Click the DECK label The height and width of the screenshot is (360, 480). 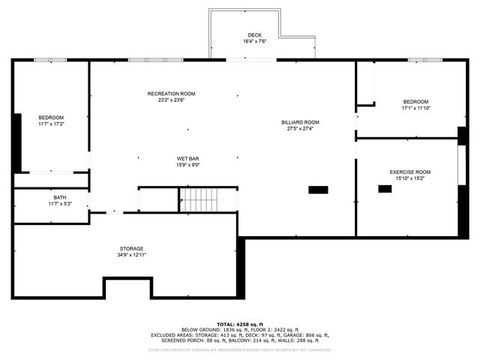255,34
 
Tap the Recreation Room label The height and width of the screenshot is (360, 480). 171,93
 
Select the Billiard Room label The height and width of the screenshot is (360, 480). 300,121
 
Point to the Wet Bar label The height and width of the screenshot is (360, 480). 187,158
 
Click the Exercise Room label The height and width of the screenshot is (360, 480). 409,172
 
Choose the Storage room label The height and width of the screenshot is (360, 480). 131,248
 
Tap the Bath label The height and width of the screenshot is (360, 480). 59,197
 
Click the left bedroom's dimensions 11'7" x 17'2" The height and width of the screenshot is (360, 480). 51,124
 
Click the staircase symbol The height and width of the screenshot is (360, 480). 199,199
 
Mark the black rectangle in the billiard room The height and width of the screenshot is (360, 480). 318,190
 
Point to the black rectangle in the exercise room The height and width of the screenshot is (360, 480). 385,189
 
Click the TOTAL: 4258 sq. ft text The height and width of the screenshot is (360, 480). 239,324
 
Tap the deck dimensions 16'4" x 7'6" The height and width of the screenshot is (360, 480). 255,41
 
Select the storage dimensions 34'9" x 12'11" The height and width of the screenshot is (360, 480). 131,255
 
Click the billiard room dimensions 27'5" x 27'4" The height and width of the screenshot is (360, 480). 300,128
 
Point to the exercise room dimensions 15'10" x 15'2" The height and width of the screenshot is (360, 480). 409,178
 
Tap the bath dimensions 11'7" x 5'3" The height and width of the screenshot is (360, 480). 59,204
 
